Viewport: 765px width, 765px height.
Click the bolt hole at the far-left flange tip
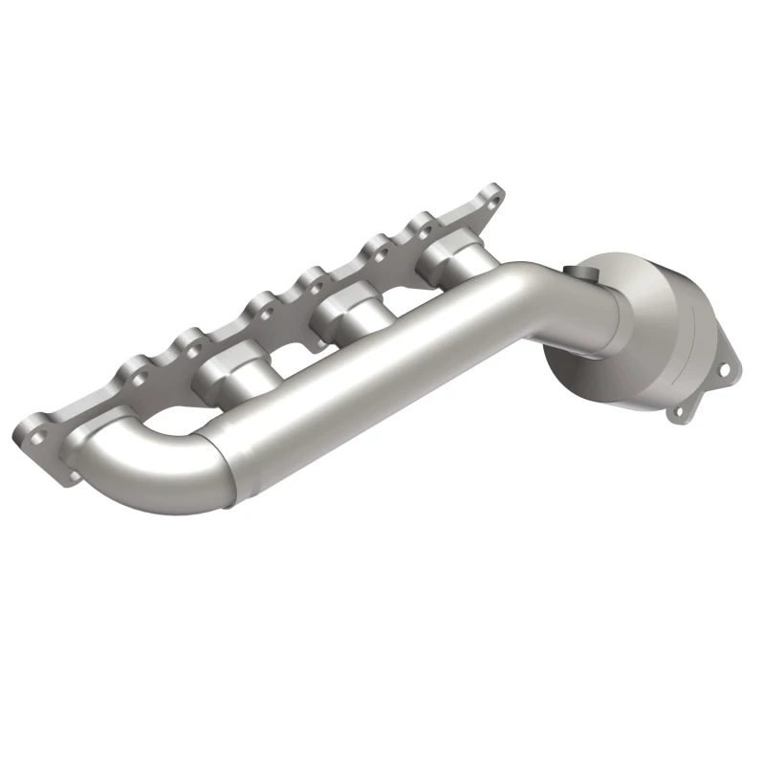pos(39,435)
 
